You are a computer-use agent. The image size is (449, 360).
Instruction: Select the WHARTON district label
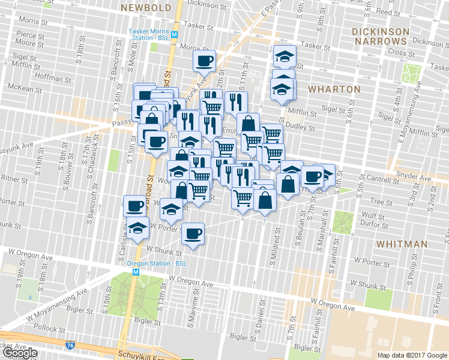334,89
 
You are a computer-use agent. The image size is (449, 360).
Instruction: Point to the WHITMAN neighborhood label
402,244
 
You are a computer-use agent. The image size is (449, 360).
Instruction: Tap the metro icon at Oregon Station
136,272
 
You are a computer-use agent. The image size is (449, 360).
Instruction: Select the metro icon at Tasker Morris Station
174,34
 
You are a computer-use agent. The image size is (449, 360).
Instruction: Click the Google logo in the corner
20,353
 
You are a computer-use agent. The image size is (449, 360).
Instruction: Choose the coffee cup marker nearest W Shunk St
193,233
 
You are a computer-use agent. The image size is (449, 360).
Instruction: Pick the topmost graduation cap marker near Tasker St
285,56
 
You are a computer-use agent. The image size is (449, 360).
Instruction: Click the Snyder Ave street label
416,178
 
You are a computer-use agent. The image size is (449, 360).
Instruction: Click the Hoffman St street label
53,77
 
